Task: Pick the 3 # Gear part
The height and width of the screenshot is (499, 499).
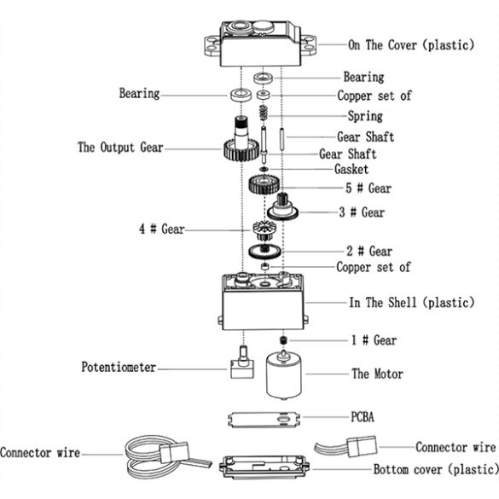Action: coord(282,209)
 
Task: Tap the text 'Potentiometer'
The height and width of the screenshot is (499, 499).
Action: coord(119,368)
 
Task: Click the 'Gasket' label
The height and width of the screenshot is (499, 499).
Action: coord(351,170)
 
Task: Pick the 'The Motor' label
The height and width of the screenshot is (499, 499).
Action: coord(377,374)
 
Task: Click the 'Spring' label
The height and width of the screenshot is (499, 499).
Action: coord(365,116)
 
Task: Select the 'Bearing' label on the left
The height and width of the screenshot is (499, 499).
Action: coord(139,93)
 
